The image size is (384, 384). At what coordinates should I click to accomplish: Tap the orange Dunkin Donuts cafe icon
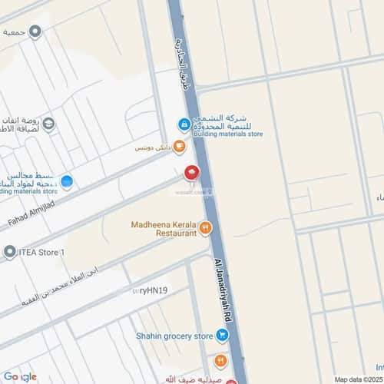tap(179, 146)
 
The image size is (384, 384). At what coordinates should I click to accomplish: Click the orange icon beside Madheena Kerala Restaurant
tap(205, 227)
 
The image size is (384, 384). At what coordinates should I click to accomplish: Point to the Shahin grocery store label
tap(174, 336)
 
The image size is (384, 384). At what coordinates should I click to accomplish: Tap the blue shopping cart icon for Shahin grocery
tap(222, 336)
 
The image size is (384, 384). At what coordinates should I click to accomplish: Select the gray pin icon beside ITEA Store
tap(9, 252)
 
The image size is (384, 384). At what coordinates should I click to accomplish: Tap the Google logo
tap(19, 376)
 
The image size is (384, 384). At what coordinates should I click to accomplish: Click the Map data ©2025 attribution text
tap(356, 379)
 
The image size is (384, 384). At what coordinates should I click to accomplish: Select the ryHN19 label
tap(151, 290)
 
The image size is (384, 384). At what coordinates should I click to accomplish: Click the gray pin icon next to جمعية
tap(35, 31)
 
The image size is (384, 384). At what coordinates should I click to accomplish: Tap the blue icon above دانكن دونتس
tap(184, 124)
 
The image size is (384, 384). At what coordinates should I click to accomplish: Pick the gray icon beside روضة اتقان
tap(48, 124)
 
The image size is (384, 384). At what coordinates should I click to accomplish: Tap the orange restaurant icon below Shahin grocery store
tap(220, 359)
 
